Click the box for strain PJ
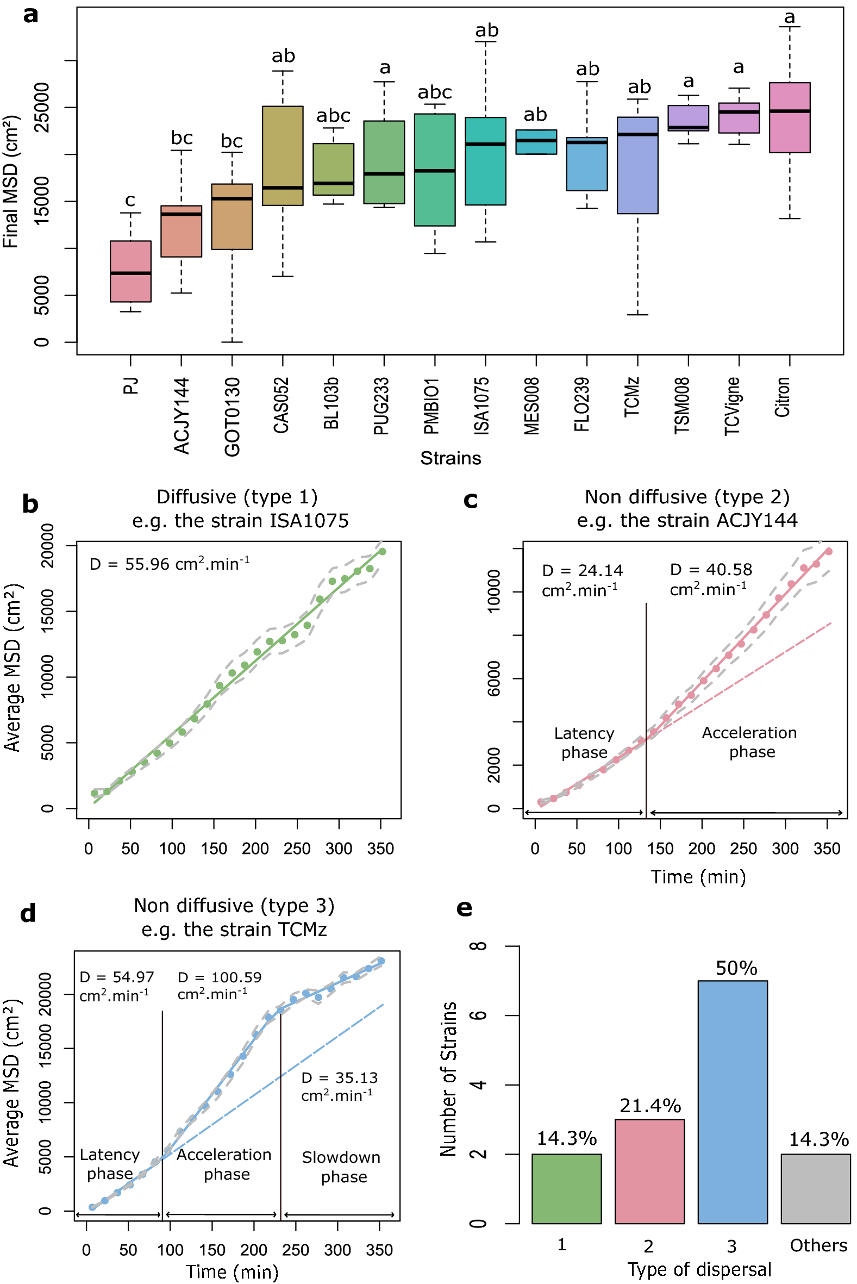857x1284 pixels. pyautogui.click(x=130, y=271)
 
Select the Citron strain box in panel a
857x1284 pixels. pyautogui.click(x=789, y=117)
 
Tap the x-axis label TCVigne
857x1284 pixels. pyautogui.click(x=733, y=406)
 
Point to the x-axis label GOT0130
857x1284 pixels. pyautogui.click(x=232, y=416)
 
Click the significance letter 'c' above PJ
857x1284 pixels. pyautogui.click(x=130, y=201)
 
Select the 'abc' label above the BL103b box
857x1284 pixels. pyautogui.click(x=333, y=116)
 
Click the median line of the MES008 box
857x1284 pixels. pyautogui.click(x=536, y=140)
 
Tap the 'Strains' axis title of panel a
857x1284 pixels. pyautogui.click(x=451, y=458)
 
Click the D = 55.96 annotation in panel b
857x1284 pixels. pyautogui.click(x=170, y=564)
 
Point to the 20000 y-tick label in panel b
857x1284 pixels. pyautogui.click(x=47, y=545)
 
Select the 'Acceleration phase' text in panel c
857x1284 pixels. pyautogui.click(x=749, y=743)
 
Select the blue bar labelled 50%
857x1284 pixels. pyautogui.click(x=733, y=1101)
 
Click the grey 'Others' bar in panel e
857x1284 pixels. pyautogui.click(x=816, y=1188)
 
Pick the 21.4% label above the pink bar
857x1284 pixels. pyautogui.click(x=650, y=1106)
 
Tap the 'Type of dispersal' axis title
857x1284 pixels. pyautogui.click(x=699, y=1269)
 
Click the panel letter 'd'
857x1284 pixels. pyautogui.click(x=28, y=913)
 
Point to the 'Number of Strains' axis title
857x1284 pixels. pyautogui.click(x=448, y=1079)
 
